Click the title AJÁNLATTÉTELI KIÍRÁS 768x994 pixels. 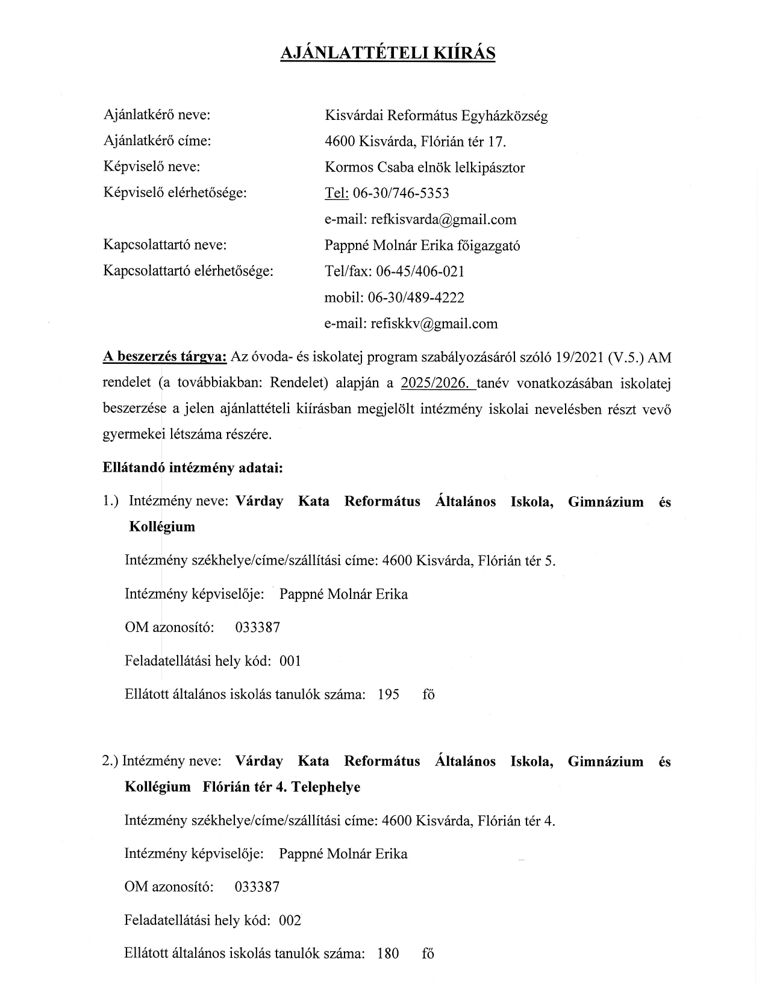click(388, 53)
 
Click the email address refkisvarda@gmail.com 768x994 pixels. click(444, 219)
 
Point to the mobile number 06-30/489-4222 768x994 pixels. click(420, 298)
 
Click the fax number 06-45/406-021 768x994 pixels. click(420, 271)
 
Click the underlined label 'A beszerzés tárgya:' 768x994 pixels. click(165, 357)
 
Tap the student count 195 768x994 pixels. click(389, 695)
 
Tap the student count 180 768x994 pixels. click(388, 954)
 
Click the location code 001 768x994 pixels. click(290, 661)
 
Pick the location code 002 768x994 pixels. click(290, 921)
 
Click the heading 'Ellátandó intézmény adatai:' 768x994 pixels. click(193, 467)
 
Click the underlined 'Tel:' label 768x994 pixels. click(337, 193)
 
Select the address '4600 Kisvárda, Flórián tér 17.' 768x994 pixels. click(415, 142)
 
